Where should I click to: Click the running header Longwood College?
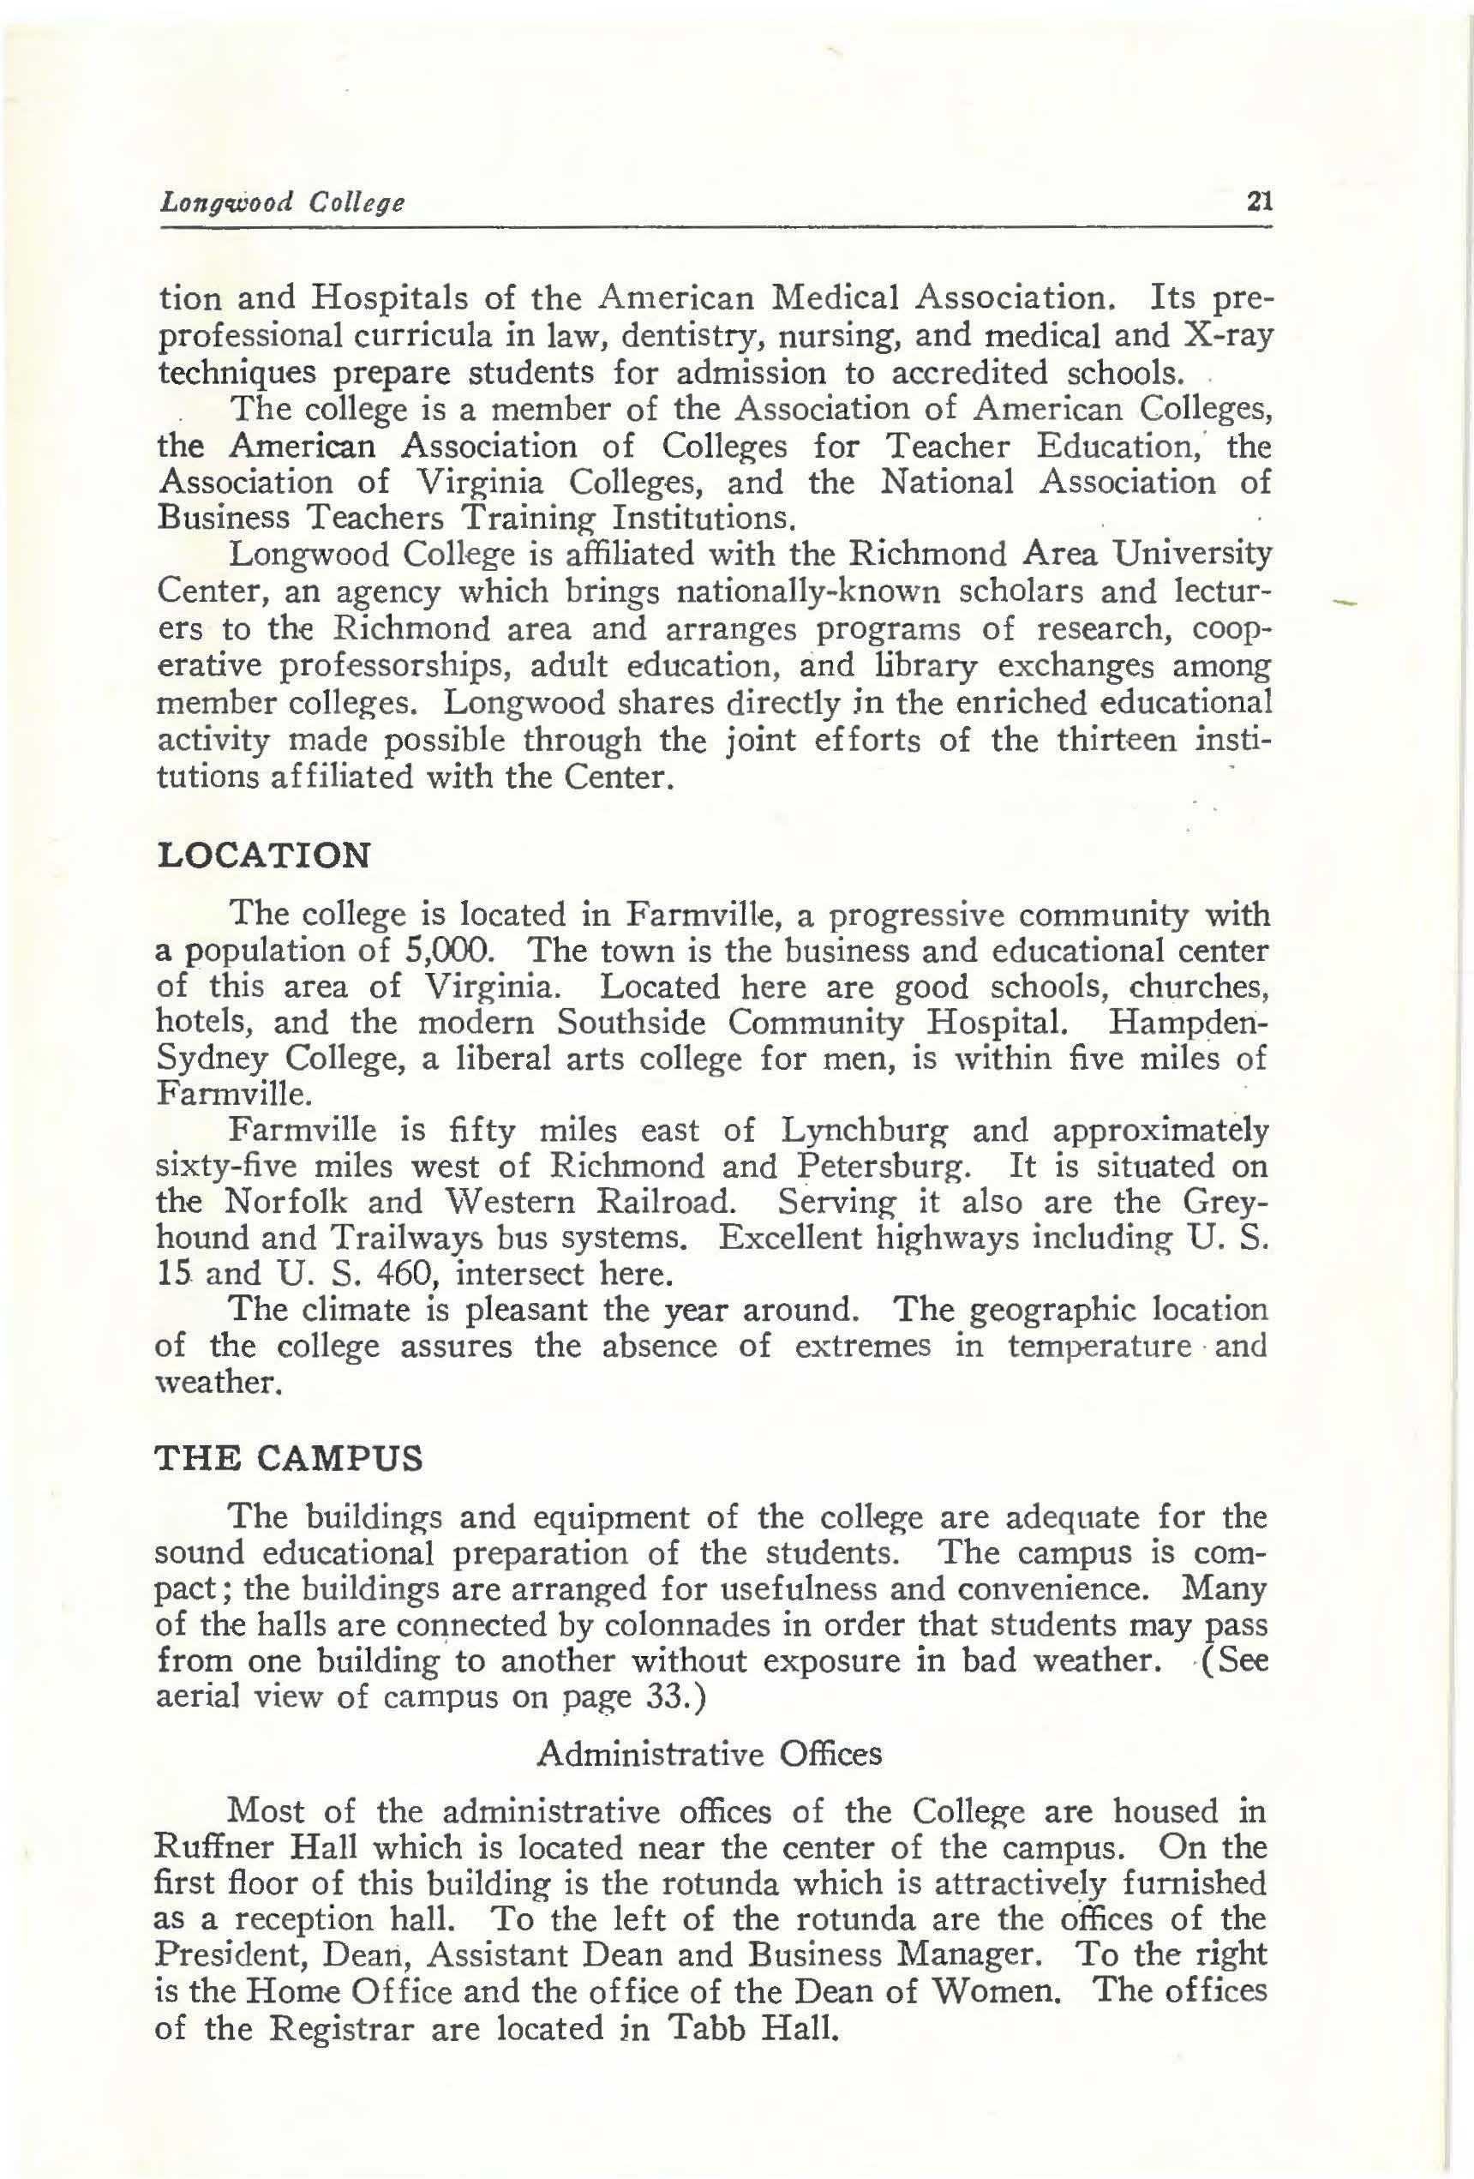(282, 201)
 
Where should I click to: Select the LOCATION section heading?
(263, 855)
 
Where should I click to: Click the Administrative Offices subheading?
(709, 1753)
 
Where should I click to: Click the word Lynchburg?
(864, 1131)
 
